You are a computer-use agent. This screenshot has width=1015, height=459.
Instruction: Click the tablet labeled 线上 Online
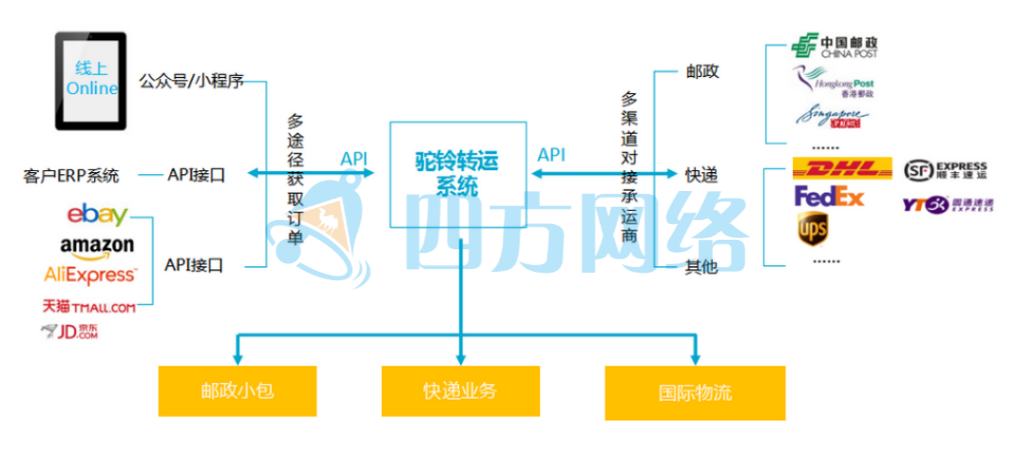point(91,79)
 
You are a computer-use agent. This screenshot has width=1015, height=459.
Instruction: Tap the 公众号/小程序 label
point(192,81)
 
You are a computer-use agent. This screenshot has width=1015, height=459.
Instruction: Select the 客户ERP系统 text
point(71,175)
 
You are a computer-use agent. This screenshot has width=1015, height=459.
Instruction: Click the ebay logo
point(97,214)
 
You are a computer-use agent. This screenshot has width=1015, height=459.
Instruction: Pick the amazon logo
point(97,245)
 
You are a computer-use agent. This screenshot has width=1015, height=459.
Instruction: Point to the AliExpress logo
point(90,275)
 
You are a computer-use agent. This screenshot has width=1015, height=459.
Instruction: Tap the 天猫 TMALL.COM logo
point(88,306)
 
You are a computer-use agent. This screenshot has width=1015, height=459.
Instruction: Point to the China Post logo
point(834,46)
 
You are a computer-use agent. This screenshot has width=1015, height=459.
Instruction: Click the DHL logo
point(842,169)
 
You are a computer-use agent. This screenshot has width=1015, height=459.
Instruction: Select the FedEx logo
point(829,197)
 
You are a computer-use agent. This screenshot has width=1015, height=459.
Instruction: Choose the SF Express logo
point(945,169)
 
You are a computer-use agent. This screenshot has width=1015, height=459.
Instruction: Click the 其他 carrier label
point(701,268)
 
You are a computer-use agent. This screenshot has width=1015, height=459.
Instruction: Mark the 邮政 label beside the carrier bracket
point(702,71)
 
